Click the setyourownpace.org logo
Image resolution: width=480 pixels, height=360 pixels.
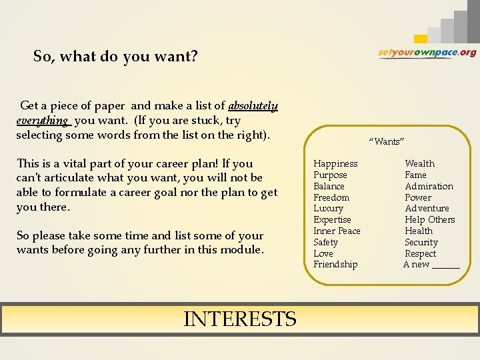(x=427, y=53)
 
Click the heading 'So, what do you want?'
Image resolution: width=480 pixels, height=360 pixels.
(x=115, y=57)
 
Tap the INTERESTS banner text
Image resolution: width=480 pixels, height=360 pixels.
(x=239, y=319)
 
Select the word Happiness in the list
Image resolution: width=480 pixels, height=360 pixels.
(x=335, y=163)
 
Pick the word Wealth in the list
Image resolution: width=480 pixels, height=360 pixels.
(x=419, y=163)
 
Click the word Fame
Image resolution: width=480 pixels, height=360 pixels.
(x=415, y=175)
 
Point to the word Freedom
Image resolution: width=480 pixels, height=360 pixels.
(x=331, y=197)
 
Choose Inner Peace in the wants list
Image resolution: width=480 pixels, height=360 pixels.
(x=337, y=231)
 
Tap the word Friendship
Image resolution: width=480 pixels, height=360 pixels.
(x=335, y=265)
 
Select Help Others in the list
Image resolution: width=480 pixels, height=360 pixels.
(x=429, y=219)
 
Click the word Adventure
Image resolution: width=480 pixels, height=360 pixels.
(x=427, y=208)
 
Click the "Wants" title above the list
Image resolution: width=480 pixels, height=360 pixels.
(x=387, y=141)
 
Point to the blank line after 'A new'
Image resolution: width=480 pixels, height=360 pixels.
(x=445, y=265)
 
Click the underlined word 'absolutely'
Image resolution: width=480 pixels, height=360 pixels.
(x=253, y=106)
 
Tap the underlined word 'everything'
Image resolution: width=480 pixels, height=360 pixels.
(x=42, y=121)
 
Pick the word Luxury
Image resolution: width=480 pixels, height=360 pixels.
(x=328, y=208)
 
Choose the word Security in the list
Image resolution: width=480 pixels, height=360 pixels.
(x=421, y=242)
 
